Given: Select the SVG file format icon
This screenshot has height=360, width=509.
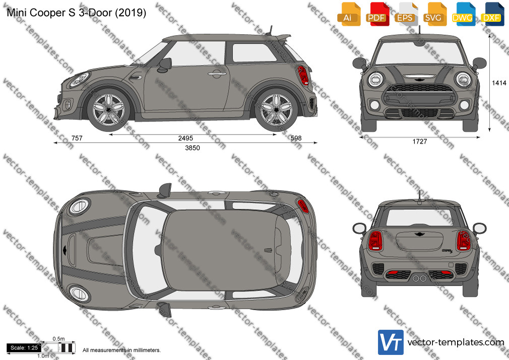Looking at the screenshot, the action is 434,14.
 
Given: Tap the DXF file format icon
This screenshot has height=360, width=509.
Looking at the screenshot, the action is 492,14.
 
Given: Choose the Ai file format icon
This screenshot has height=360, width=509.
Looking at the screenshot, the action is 348,14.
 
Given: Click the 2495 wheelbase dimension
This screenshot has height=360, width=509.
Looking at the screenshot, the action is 185,138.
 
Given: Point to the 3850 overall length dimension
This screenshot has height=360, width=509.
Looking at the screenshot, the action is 193,148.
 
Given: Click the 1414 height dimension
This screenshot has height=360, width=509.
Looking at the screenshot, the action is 499,83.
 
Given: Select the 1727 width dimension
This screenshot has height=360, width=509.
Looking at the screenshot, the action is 420,141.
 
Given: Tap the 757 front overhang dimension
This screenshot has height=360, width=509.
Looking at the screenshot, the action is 77,138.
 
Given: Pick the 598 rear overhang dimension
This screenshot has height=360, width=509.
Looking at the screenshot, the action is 296,138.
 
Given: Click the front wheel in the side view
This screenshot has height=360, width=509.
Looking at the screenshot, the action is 108,109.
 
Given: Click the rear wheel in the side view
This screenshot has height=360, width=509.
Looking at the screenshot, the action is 276,109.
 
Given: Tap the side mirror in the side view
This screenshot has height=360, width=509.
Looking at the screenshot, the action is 165,65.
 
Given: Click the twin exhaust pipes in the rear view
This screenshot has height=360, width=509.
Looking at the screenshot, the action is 419,278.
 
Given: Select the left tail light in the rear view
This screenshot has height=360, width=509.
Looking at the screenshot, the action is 376,241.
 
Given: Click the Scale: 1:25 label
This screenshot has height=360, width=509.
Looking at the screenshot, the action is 24,348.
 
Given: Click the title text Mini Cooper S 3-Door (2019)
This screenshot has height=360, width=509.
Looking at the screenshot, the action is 76,12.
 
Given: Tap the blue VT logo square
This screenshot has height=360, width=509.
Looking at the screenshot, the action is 391,342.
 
